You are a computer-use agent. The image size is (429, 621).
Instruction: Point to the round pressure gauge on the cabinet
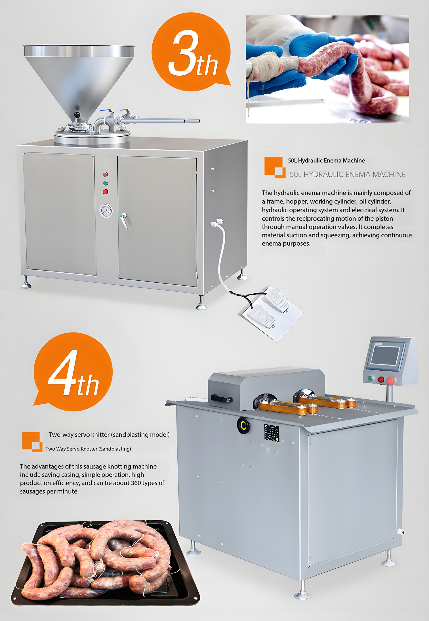(x=106, y=211)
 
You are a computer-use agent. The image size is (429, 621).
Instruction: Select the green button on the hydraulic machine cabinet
(x=106, y=183)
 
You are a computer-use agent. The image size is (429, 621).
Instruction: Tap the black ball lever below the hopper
(x=77, y=115)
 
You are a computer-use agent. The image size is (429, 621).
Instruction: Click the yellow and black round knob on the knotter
(x=243, y=425)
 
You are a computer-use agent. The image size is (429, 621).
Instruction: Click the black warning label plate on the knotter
(x=271, y=432)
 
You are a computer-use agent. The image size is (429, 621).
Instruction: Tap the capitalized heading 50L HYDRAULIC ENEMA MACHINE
(x=347, y=175)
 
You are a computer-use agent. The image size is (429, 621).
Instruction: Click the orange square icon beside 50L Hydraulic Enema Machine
(x=274, y=167)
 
